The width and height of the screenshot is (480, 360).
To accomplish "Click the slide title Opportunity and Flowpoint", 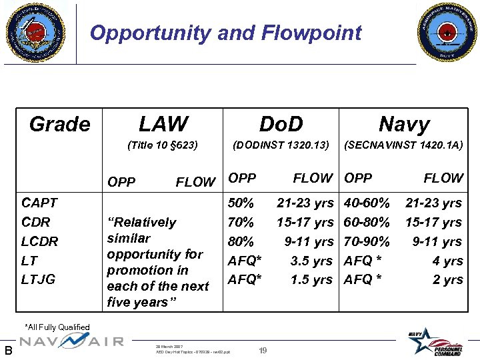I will click(225, 33).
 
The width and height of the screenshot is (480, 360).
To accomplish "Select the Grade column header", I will click(59, 124).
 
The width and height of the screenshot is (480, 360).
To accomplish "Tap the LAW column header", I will click(163, 124).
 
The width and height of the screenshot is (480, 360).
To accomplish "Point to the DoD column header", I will click(281, 124).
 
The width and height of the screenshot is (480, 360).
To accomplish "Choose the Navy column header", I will click(403, 124).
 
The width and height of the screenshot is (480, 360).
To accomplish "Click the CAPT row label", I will click(39, 203).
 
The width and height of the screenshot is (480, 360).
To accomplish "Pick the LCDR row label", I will click(40, 241).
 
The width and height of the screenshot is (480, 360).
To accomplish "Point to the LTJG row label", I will click(39, 279).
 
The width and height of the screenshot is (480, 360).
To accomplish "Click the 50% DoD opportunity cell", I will click(241, 203).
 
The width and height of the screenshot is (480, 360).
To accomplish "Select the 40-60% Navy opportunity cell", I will click(367, 203).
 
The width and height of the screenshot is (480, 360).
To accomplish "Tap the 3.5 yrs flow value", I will click(311, 261).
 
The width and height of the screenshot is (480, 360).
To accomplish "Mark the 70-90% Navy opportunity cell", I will click(367, 241).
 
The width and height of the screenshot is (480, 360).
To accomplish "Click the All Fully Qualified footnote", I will click(57, 327).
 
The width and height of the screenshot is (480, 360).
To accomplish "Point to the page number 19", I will click(263, 350).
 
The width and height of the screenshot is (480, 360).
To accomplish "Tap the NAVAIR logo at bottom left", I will click(71, 341).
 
